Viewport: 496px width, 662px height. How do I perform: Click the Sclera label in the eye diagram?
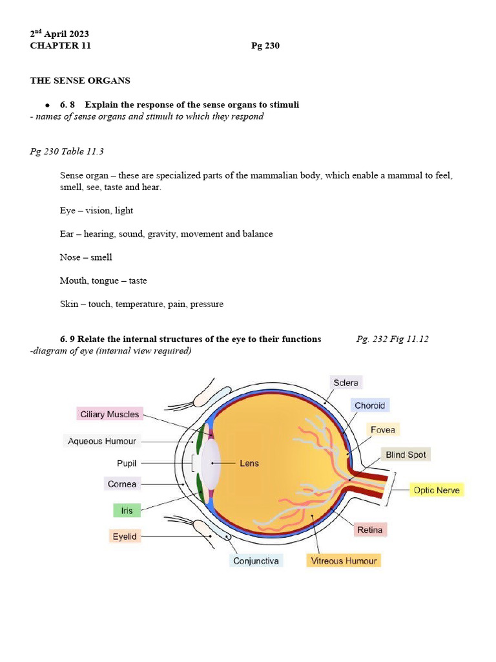(346, 383)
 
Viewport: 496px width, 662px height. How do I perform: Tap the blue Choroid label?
(369, 406)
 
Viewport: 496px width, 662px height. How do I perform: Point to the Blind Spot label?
(406, 454)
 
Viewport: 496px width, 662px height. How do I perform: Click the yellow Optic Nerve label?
(437, 490)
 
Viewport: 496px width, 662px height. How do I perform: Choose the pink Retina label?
(370, 530)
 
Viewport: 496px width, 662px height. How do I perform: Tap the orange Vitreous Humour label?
(344, 561)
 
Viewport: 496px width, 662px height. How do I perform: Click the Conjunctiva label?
(256, 561)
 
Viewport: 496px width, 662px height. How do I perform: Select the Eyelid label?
(124, 536)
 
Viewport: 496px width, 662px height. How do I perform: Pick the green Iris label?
(127, 511)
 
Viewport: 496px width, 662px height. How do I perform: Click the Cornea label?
(122, 484)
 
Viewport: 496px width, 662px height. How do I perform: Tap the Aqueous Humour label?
(102, 441)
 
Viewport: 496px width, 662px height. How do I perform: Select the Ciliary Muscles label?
(108, 414)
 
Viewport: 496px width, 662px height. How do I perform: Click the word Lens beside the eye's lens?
(249, 464)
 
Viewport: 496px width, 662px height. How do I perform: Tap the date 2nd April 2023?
(59, 34)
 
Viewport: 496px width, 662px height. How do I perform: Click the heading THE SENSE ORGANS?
(80, 81)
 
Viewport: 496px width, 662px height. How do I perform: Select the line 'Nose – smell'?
(86, 257)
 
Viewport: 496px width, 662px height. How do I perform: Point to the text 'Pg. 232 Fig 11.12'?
(392, 339)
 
